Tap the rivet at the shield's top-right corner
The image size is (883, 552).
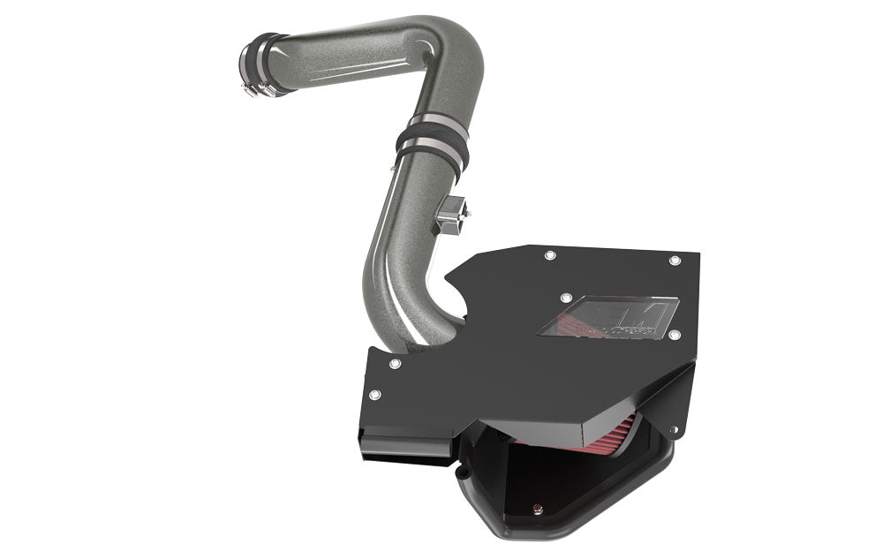pyautogui.click(x=675, y=261)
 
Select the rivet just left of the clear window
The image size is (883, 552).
pyautogui.click(x=566, y=299)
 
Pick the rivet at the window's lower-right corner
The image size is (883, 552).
pyautogui.click(x=675, y=336)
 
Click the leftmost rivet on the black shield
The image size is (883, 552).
pyautogui.click(x=374, y=395)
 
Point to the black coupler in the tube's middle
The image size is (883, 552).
pyautogui.click(x=433, y=141)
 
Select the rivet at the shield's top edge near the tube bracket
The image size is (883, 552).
pyautogui.click(x=550, y=255)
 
